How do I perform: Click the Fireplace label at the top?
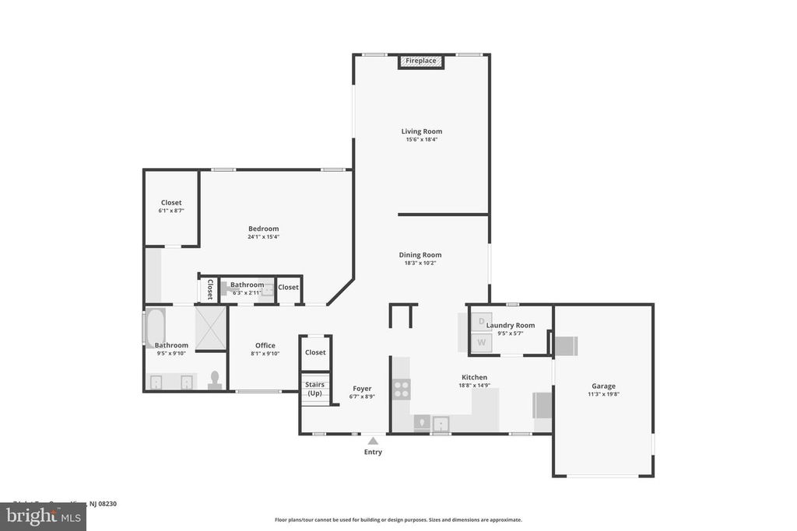[420, 61]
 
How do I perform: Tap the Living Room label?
[421, 131]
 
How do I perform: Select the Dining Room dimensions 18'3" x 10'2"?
[420, 263]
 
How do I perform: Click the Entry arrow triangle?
[373, 441]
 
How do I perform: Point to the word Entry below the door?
[373, 452]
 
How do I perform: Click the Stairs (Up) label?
[315, 389]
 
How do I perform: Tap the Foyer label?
[361, 388]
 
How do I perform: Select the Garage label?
[603, 386]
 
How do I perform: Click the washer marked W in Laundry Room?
[481, 341]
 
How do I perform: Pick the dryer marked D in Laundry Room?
[481, 320]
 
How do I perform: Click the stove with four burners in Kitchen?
[402, 389]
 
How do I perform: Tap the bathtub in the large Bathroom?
[153, 327]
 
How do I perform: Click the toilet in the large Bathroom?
[215, 380]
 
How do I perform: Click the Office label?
[265, 345]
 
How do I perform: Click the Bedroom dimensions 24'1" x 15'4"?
[263, 236]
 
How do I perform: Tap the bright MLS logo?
[43, 517]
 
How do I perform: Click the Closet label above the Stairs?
[315, 352]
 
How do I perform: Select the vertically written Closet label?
[209, 289]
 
